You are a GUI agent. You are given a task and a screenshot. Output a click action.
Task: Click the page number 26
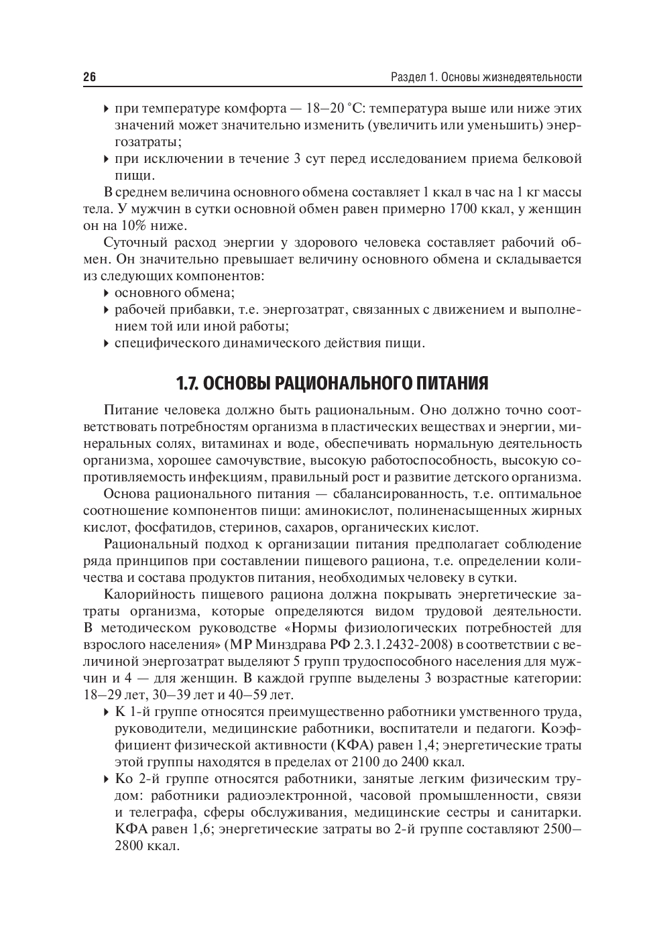coord(90,77)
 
